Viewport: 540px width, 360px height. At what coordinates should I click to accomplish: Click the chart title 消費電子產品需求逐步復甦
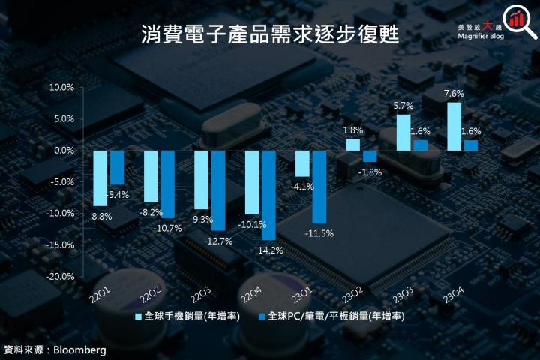click(270, 34)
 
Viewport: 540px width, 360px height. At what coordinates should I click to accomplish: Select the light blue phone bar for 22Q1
click(100, 178)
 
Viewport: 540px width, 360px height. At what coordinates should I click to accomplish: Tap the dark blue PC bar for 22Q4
click(268, 195)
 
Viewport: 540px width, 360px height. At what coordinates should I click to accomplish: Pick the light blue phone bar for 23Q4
click(454, 126)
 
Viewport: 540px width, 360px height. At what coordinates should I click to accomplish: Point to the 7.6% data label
click(454, 94)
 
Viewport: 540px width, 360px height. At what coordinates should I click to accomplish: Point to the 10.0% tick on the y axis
click(61, 87)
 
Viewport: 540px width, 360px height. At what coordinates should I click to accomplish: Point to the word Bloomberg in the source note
click(79, 349)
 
